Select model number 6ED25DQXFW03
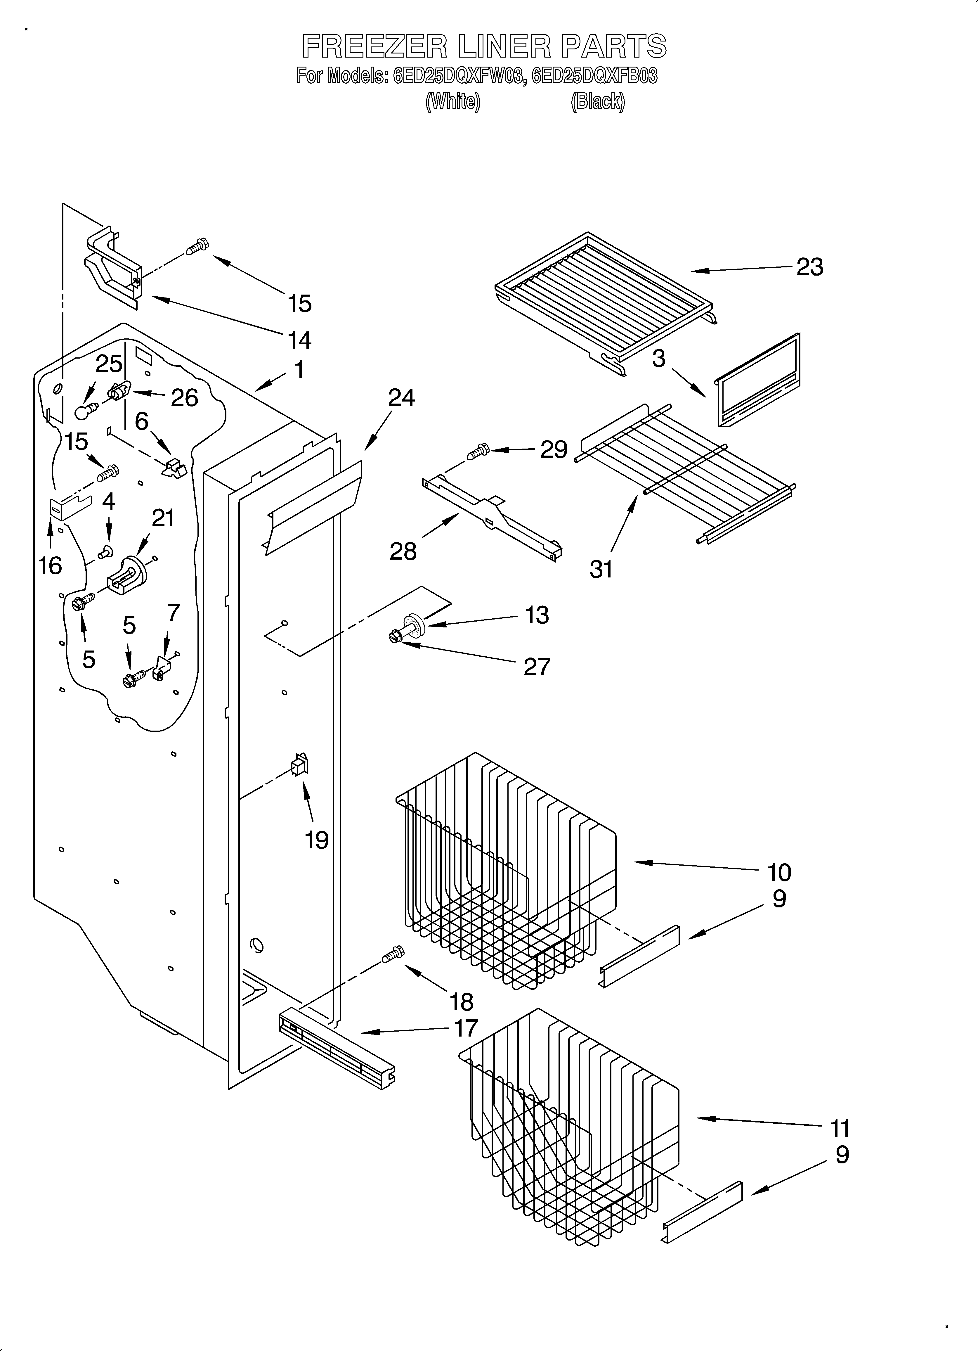tap(459, 76)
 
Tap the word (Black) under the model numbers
tap(597, 102)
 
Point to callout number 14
tap(299, 340)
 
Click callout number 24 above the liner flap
tap(401, 398)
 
